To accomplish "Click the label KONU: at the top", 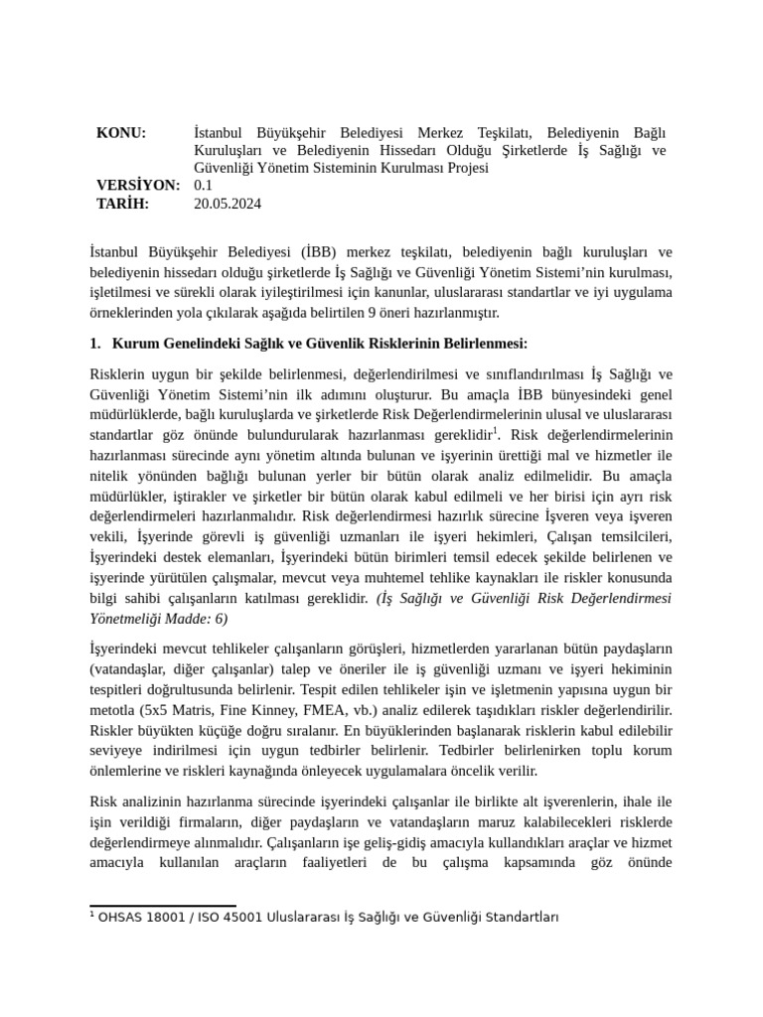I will point(120,133).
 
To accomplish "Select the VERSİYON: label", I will point(138,185).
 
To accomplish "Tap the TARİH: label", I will point(122,203).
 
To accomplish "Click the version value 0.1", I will point(204,185).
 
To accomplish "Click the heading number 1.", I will point(95,344).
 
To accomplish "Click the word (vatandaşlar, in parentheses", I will point(130,668).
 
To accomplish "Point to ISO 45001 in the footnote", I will point(224,917).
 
